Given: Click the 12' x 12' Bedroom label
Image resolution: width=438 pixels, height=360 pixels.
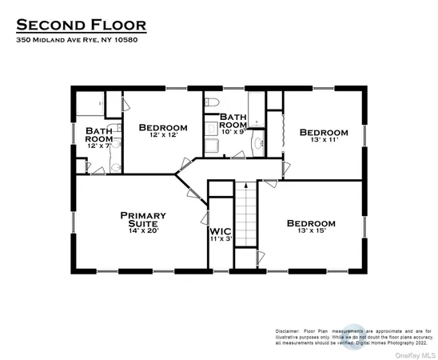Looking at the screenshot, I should coord(163,128).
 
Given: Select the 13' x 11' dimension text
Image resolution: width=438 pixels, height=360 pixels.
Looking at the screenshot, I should coord(324,141).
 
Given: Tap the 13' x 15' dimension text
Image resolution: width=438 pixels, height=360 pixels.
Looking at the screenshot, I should coord(312,233).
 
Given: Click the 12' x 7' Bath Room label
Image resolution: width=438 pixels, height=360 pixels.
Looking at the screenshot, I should coord(99,134).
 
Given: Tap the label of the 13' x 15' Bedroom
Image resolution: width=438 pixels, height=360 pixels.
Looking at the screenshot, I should coord(312,223).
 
